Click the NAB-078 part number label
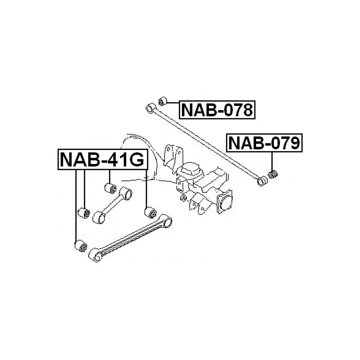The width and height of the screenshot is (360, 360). pos(217,110)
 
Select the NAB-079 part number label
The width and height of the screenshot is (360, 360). pos(264,143)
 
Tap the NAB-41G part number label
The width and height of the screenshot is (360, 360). pos(102,160)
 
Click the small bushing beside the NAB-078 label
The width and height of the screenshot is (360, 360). pos(162,101)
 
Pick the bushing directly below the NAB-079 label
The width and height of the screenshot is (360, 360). pos(273,174)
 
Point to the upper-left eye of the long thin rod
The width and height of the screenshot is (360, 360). pos(151,108)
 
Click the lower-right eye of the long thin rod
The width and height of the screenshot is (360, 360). pos(262,181)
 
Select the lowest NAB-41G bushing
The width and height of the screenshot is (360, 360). pos(81,246)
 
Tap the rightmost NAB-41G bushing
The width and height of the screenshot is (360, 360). pos(151,212)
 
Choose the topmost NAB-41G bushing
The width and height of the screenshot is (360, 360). pos(111,188)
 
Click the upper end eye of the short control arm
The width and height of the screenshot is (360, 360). pos(126,193)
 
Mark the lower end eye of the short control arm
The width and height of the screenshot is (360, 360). pos(99,218)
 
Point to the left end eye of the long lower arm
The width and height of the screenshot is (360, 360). pos(95,255)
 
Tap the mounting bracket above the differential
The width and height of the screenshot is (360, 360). pos(174,156)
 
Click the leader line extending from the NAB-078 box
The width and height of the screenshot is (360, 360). pos(173,103)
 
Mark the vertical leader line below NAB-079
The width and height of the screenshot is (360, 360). pos(272,161)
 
